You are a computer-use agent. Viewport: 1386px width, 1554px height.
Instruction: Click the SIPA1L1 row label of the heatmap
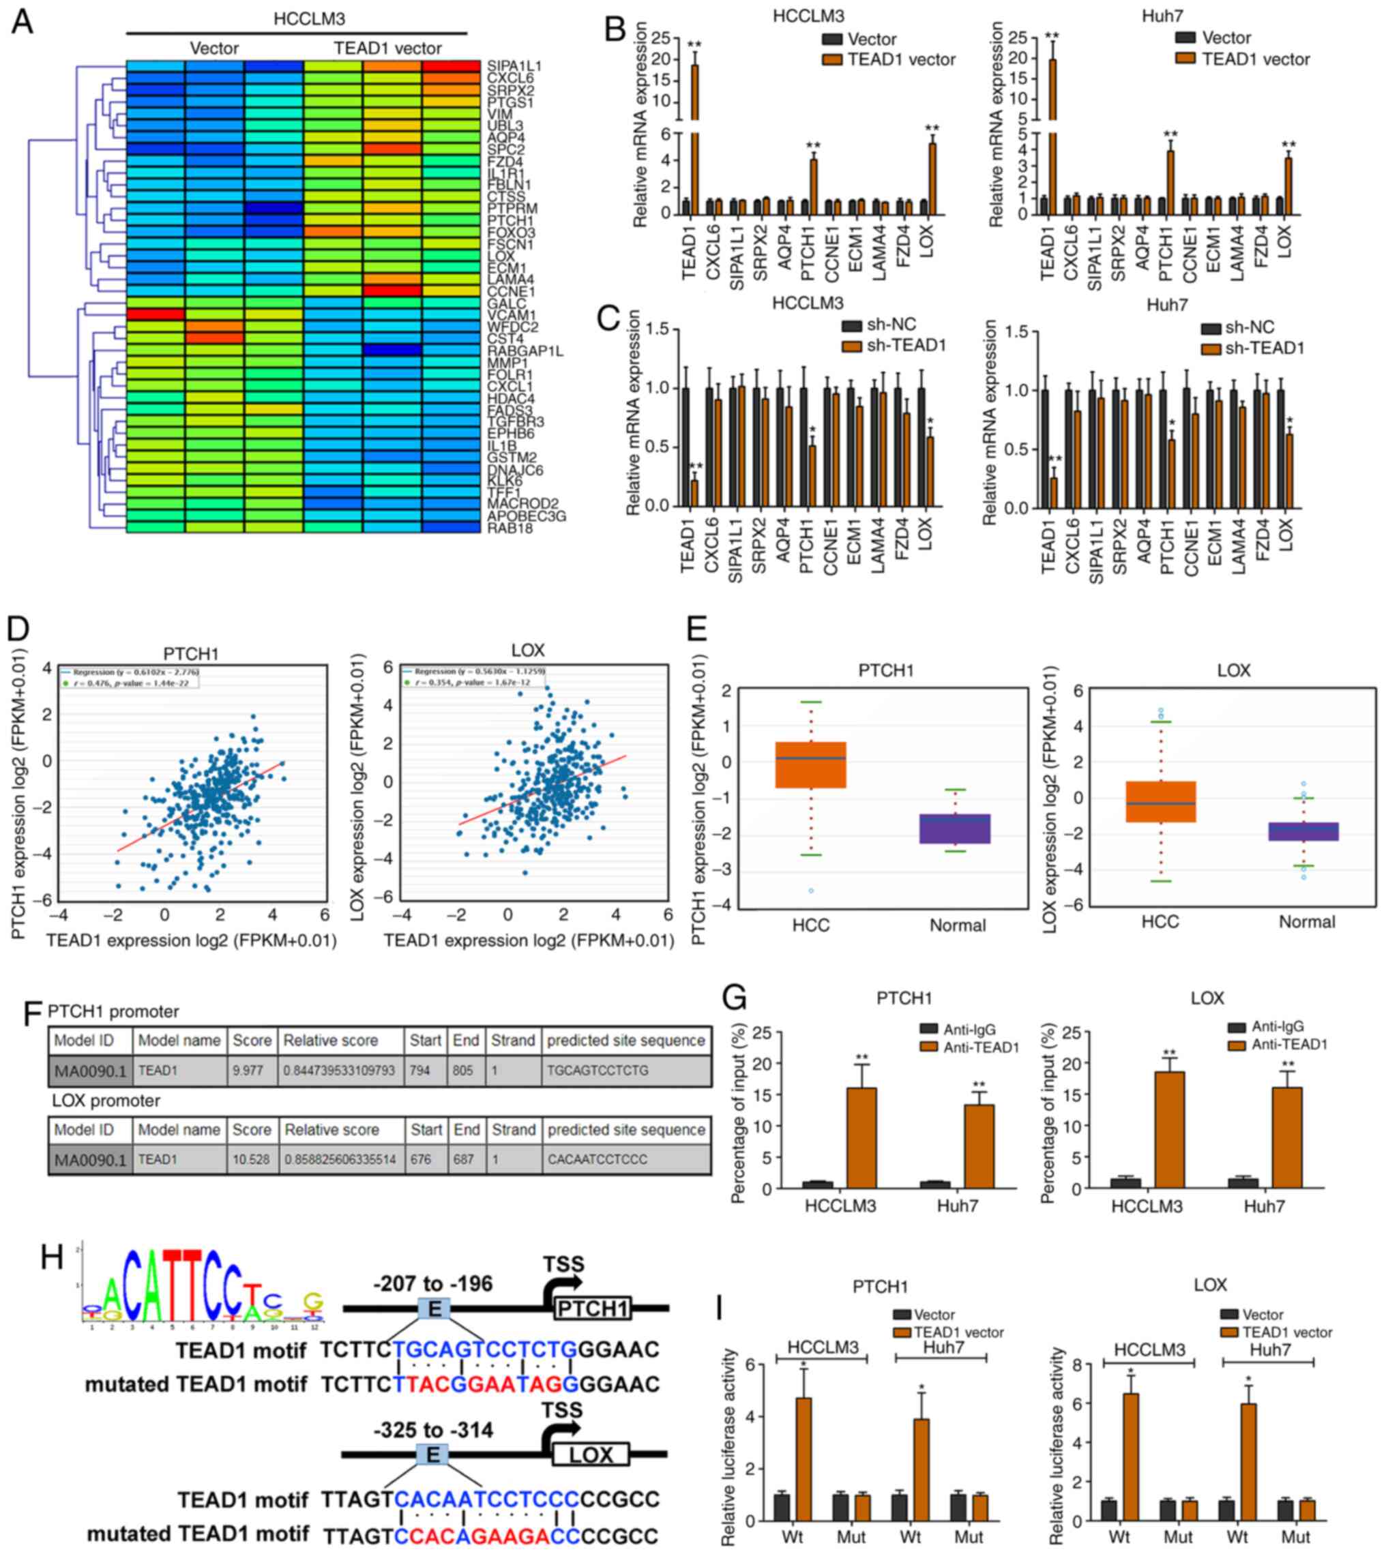[x=514, y=66]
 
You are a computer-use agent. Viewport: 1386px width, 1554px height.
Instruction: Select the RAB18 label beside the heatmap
[x=510, y=528]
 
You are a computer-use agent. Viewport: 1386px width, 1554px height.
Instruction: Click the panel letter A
[x=22, y=21]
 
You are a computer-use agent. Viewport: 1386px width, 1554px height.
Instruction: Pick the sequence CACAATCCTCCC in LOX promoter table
[x=597, y=1160]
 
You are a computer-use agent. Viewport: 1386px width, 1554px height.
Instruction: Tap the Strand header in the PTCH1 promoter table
[x=512, y=1040]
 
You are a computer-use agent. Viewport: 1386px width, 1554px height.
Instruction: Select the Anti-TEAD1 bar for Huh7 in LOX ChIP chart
[x=1287, y=1137]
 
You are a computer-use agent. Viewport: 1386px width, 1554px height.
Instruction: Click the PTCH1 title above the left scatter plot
[x=190, y=654]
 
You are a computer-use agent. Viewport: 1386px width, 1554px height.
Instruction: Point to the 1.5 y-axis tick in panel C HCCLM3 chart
[x=661, y=329]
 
